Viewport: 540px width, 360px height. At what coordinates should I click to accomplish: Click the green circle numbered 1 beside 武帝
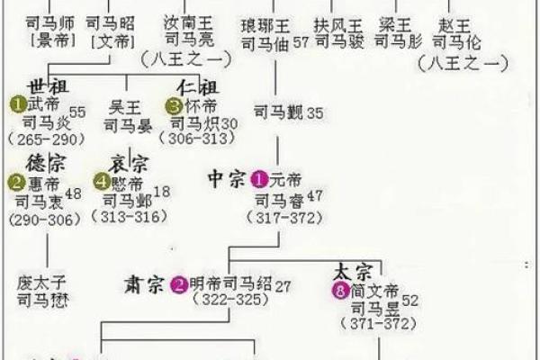[x=17, y=104]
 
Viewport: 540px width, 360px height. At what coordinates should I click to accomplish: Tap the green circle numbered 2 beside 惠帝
[x=17, y=183]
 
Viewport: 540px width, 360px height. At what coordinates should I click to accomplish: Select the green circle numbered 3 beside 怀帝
[x=175, y=105]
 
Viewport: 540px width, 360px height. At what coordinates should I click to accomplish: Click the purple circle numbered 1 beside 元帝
[x=261, y=178]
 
